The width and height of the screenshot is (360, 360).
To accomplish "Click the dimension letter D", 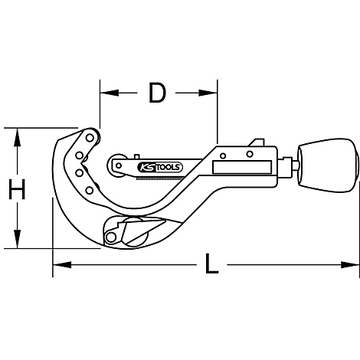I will pos(157,93).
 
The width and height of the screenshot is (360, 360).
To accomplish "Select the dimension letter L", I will pos(211,266).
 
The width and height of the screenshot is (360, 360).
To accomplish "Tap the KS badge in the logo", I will pos(144,166).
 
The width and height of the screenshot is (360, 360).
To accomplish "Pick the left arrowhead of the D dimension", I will pos(105,93).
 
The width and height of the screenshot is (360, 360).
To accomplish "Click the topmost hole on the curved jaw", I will pos(90,139).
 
